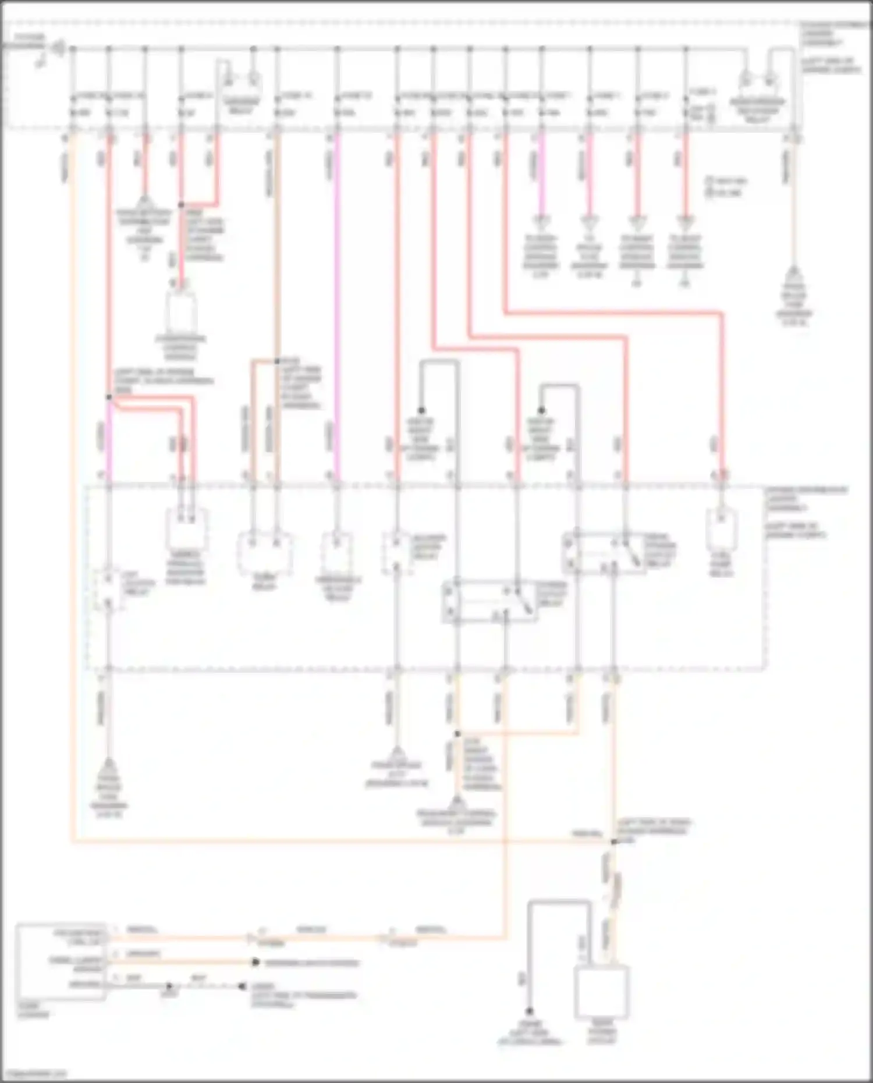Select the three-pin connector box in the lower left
coord(61,961)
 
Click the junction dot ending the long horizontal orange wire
coord(613,841)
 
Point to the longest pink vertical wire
coord(337,308)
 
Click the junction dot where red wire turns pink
coord(109,397)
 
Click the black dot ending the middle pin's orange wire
coord(255,963)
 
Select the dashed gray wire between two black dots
coord(205,986)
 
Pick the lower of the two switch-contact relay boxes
coord(489,601)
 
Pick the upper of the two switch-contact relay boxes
coord(604,553)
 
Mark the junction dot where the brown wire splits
coord(277,361)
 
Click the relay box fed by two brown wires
coord(265,551)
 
